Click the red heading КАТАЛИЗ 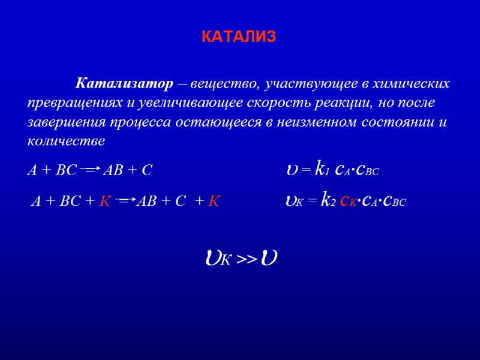(238, 37)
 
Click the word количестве (66, 142)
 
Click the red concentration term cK (350, 202)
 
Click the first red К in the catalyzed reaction (104, 202)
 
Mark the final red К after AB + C (213, 202)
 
